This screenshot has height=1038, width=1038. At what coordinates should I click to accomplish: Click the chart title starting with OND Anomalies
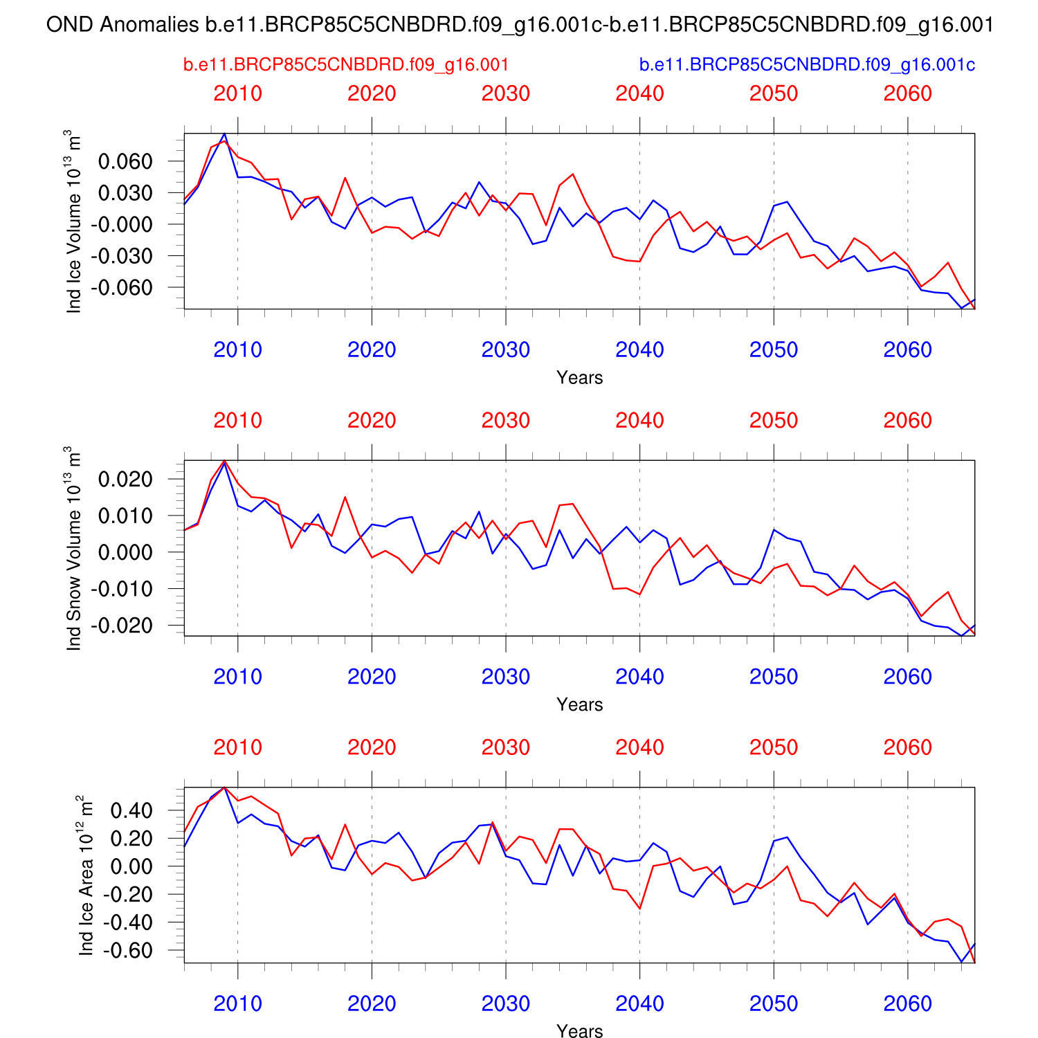519,26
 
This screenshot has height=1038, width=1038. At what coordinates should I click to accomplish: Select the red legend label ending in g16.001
346,65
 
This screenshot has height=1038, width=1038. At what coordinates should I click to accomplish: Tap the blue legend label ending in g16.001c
807,65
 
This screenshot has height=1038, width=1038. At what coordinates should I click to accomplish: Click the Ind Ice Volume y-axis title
74,221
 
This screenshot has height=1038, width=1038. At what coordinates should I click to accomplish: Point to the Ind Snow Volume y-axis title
74,548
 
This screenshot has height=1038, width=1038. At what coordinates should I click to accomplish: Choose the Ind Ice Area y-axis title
86,875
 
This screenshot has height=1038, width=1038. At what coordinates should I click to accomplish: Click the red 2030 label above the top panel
506,93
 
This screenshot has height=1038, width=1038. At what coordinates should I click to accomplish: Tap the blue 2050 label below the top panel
774,350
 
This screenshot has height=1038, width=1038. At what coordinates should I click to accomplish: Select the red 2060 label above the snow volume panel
908,420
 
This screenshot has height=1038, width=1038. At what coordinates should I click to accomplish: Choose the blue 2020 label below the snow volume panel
372,677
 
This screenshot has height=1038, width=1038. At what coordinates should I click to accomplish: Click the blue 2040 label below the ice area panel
640,1003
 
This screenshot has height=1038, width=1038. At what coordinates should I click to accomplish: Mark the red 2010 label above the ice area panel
238,747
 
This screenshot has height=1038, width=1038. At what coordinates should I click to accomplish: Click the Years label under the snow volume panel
579,704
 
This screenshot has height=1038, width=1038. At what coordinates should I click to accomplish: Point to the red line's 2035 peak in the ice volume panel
573,174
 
